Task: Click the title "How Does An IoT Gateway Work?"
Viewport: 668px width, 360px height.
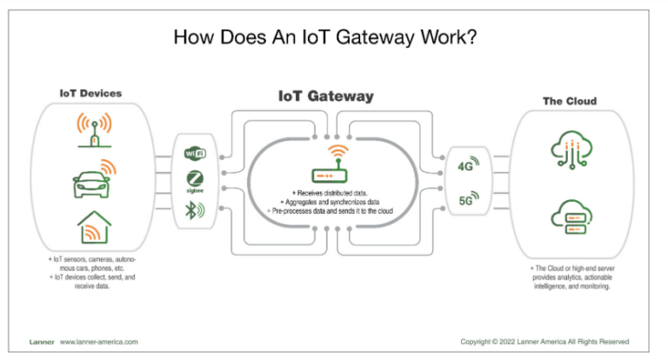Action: [333, 37]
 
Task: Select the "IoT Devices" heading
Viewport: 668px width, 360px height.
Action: [90, 92]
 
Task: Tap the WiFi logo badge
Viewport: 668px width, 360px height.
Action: [196, 154]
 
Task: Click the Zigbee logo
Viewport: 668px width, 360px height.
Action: [196, 181]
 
